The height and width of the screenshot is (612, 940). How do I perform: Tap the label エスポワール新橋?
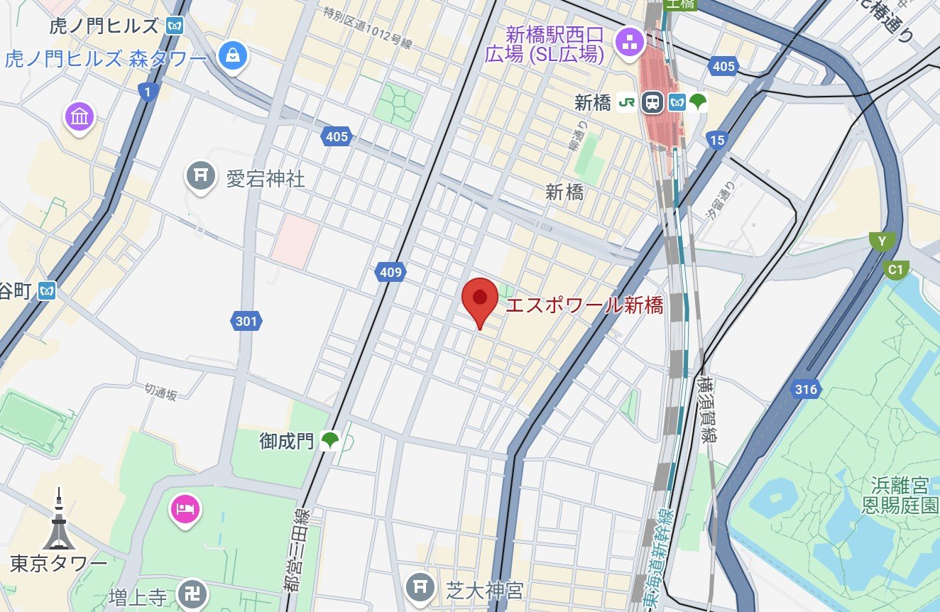click(584, 306)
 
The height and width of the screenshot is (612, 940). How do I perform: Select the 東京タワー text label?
click(59, 564)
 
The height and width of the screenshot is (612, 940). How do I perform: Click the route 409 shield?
click(390, 272)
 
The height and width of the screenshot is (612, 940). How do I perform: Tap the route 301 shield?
click(246, 322)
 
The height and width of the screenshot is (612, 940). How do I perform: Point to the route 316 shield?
click(807, 389)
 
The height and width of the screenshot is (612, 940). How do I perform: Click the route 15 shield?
click(717, 140)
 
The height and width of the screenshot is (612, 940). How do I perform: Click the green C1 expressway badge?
click(896, 270)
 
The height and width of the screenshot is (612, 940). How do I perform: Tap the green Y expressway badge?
click(882, 242)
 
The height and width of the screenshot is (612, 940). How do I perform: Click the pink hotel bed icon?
click(185, 509)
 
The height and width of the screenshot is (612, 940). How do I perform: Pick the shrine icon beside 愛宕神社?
click(201, 176)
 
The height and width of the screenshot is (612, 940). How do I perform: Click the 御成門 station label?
click(286, 442)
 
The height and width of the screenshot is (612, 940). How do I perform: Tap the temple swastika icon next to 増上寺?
click(192, 594)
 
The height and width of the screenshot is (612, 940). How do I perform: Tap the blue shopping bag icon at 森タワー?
click(232, 55)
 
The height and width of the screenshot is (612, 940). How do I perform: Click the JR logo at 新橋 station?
click(626, 102)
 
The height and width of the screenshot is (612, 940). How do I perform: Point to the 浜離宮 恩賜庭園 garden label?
click(900, 496)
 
